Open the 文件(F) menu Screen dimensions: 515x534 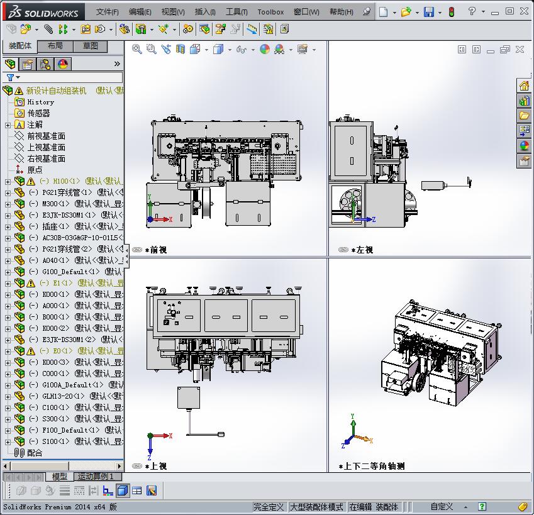[107, 11]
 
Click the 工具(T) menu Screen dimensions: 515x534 [236, 11]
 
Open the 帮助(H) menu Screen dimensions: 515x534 [341, 11]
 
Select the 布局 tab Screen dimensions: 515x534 [55, 46]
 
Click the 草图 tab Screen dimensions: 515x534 [91, 46]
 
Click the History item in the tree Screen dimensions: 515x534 [40, 102]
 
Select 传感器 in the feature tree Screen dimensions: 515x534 [38, 113]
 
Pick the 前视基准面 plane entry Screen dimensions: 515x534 [46, 136]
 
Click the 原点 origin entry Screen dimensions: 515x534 [35, 170]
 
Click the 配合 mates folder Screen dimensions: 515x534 [35, 453]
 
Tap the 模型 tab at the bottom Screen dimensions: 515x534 [60, 477]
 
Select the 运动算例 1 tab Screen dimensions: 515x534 [95, 477]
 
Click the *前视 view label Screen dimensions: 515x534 [155, 250]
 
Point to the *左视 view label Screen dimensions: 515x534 [362, 250]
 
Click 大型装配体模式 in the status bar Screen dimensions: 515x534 [316, 507]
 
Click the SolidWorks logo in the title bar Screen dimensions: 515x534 [44, 12]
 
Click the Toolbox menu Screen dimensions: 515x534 [270, 11]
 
